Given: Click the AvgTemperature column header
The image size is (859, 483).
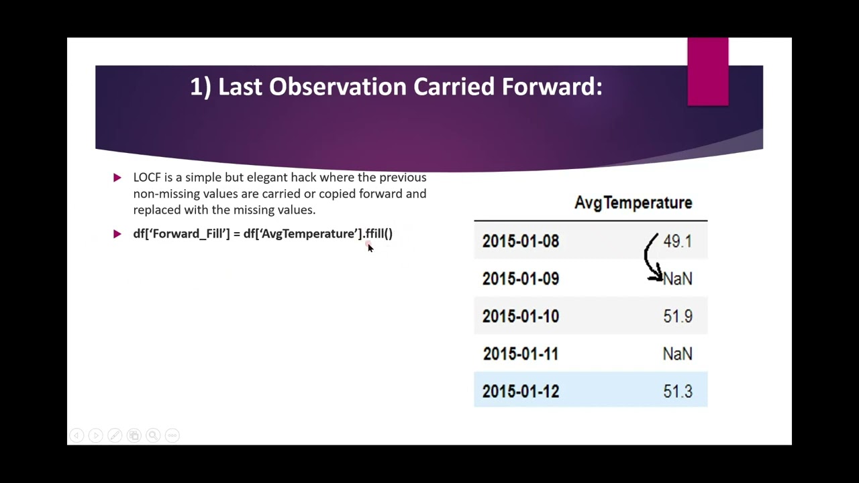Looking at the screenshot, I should [x=633, y=203].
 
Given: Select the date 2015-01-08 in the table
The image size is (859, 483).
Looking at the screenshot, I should [x=520, y=241].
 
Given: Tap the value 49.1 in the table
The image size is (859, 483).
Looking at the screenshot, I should [x=677, y=241].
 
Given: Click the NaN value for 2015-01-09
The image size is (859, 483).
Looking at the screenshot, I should [x=678, y=279].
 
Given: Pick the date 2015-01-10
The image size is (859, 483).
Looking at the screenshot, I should [x=520, y=317].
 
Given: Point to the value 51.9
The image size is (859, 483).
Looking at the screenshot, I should [x=677, y=317].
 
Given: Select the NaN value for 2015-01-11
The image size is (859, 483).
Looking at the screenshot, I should [x=677, y=354].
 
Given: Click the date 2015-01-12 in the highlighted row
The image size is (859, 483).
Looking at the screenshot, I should [x=520, y=392].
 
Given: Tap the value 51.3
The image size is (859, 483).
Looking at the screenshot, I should [x=677, y=392].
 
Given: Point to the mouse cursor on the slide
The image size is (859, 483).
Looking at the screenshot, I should [x=369, y=248].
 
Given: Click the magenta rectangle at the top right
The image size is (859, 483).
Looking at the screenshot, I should [x=707, y=72].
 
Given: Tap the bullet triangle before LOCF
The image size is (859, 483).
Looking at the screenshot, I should [x=117, y=178].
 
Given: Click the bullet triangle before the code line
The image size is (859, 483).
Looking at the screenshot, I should [x=117, y=234].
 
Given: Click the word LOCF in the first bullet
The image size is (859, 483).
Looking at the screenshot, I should [x=147, y=177].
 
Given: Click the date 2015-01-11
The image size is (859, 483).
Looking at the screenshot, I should [x=520, y=354].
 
